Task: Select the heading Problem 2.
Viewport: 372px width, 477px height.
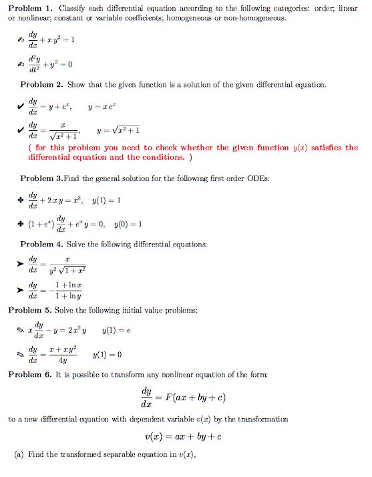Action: tap(41, 85)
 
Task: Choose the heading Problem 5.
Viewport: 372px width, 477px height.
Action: tap(29, 310)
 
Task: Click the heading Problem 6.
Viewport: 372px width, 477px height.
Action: tap(29, 374)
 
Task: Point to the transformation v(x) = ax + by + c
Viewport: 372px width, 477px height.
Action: tap(182, 437)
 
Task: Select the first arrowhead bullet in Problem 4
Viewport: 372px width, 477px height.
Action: tap(21, 265)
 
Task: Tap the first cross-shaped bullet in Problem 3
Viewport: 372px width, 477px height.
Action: tap(22, 200)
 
